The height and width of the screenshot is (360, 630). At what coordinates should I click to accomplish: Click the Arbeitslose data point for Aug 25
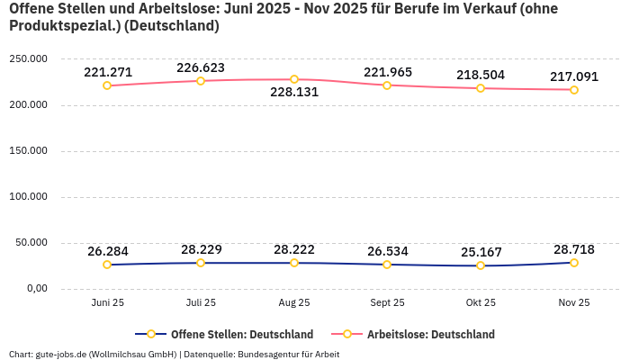click(294, 79)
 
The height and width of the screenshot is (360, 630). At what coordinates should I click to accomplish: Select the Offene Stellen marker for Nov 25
click(574, 263)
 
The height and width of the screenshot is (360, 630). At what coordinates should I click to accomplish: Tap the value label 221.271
click(108, 72)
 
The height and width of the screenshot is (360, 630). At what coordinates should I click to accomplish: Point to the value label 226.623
click(201, 67)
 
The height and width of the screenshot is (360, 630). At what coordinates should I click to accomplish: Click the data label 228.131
click(295, 92)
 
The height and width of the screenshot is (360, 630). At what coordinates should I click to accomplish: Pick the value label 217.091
click(574, 76)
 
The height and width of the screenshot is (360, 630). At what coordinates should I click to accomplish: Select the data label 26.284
click(108, 251)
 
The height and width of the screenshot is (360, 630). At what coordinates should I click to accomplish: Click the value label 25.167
click(481, 251)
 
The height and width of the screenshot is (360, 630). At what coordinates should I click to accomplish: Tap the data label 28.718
click(574, 248)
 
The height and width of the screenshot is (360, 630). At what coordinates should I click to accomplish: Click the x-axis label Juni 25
click(107, 302)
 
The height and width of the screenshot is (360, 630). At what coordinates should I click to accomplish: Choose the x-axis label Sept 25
click(387, 302)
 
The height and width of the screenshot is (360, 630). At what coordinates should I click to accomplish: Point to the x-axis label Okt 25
click(481, 302)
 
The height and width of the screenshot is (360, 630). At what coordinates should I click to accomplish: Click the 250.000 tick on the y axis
click(28, 59)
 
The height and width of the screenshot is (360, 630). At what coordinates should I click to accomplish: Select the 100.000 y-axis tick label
click(28, 197)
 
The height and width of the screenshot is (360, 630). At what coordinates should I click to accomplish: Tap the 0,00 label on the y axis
click(34, 288)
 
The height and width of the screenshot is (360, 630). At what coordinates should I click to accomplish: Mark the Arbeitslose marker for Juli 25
click(201, 81)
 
